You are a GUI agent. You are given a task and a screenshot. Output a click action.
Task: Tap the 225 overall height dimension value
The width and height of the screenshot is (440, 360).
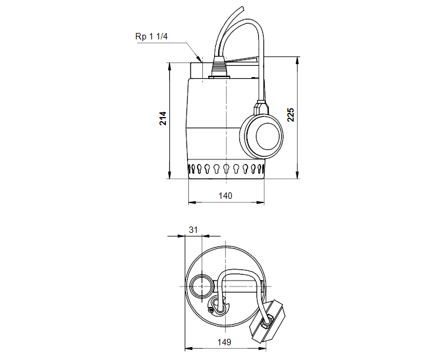click(x=291, y=114)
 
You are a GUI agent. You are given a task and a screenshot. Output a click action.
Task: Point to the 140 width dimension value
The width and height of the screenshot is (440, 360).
click(x=226, y=195)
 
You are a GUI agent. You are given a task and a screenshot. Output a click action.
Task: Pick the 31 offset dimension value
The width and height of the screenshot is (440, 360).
click(x=192, y=229)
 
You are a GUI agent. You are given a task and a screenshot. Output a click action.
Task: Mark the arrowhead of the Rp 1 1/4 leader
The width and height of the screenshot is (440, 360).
click(x=202, y=60)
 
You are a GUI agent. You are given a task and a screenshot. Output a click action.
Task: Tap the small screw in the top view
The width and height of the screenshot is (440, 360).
click(x=212, y=305)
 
